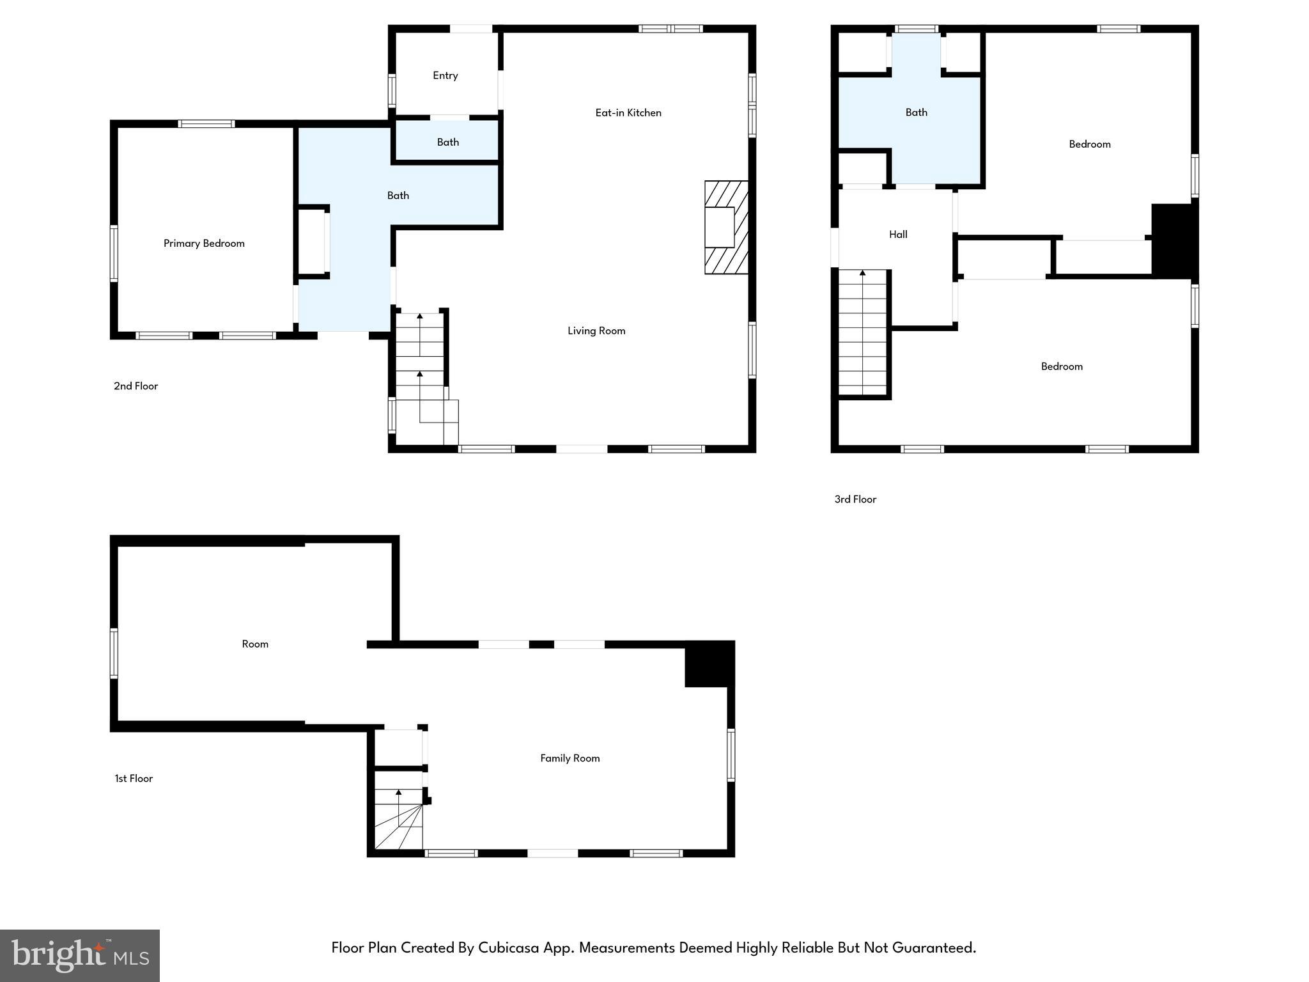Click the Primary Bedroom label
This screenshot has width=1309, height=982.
(204, 244)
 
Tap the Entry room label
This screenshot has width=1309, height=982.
(445, 75)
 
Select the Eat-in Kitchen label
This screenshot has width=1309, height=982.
(628, 113)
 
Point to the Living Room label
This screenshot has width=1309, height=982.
(596, 331)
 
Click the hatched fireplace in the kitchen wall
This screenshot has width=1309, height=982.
(726, 228)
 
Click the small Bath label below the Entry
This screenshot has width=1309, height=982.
(447, 142)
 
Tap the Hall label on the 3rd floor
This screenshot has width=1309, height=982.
(897, 235)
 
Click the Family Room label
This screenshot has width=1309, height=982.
(569, 758)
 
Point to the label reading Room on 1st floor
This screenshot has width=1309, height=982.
(254, 644)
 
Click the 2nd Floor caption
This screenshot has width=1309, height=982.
(136, 386)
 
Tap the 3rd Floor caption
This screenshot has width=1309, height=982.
(855, 499)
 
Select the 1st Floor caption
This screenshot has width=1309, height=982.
(134, 779)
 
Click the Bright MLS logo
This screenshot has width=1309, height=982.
(80, 955)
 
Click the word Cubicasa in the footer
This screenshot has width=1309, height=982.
(507, 947)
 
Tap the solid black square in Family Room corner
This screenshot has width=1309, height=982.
(709, 664)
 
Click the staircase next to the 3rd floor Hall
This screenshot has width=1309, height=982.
(862, 332)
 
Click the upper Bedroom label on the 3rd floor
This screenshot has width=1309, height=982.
(1089, 144)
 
